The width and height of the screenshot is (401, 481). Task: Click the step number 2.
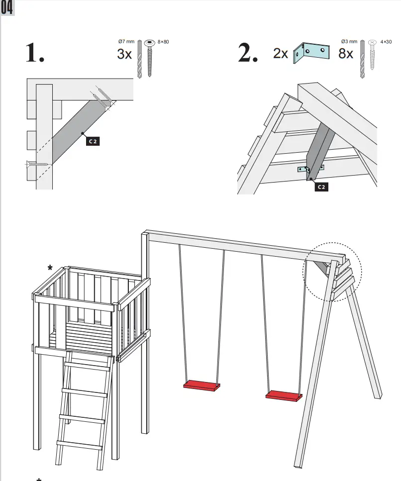247,54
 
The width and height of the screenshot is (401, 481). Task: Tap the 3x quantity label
124,54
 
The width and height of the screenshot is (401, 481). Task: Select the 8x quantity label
346,53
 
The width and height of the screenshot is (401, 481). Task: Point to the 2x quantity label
281,53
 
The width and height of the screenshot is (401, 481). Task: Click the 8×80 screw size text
163,42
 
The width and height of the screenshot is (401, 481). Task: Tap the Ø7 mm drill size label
127,42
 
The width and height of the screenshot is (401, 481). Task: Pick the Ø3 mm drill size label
349,42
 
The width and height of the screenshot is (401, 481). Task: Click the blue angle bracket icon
311,53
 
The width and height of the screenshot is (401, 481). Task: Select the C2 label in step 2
322,187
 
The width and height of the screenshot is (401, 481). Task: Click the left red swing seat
201,385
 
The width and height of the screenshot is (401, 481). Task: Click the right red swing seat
284,395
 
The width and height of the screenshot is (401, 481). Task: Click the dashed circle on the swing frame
332,271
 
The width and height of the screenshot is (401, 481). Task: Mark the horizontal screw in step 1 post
37,163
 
